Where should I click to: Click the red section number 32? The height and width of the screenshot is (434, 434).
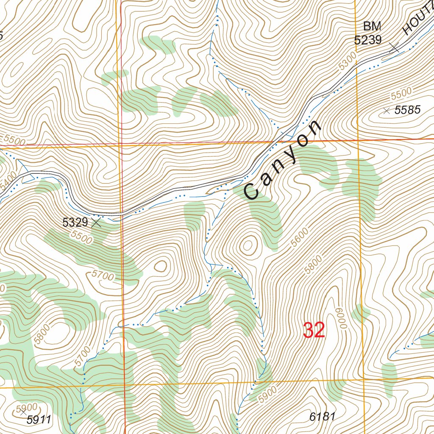pos(314,331)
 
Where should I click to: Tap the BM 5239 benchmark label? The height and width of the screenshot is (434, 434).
pos(368,33)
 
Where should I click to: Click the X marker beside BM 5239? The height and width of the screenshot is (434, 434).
pos(394,47)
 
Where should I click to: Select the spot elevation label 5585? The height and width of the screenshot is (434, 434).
pos(407,111)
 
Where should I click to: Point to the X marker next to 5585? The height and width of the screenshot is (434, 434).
pos(386,111)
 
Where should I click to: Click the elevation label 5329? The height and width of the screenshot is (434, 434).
pos(75,222)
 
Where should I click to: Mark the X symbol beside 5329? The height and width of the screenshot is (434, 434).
pos(97,222)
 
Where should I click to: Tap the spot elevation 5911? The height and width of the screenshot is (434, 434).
pos(39,420)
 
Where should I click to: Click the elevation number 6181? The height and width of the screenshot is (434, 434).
pos(322,417)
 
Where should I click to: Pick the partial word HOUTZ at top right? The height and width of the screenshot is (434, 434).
pos(417,21)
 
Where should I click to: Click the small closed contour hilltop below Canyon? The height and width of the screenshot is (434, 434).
pos(248,245)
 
